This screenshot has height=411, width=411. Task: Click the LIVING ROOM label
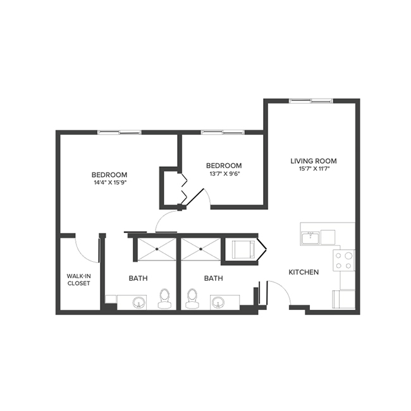click(x=313, y=161)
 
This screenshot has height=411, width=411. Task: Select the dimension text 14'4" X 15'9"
click(x=109, y=183)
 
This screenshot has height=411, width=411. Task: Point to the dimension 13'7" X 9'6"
click(x=226, y=173)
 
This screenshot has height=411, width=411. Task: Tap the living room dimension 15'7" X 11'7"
click(x=313, y=169)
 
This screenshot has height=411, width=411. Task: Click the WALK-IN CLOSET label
click(x=79, y=279)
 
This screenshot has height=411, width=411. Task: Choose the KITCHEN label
click(x=304, y=272)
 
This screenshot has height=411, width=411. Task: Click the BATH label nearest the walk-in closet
click(x=138, y=278)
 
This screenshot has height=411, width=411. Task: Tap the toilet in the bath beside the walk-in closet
click(x=165, y=298)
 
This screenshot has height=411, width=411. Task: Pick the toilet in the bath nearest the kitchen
click(x=192, y=298)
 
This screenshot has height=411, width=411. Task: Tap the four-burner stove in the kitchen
click(x=344, y=260)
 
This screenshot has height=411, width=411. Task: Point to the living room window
click(x=310, y=101)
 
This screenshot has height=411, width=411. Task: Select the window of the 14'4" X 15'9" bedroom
click(x=119, y=132)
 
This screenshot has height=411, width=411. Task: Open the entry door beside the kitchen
click(x=278, y=292)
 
